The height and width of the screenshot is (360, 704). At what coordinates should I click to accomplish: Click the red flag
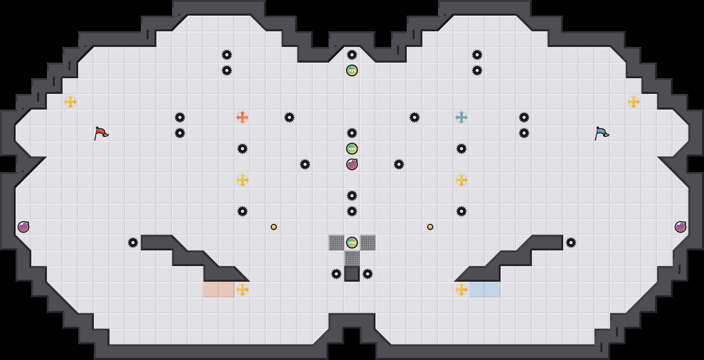click(x=101, y=133)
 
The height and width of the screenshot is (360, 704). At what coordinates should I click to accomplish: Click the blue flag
click(x=602, y=133)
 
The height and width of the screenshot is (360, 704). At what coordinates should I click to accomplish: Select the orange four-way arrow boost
click(x=242, y=117)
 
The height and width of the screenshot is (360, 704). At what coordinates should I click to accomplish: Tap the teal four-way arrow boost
click(x=462, y=117)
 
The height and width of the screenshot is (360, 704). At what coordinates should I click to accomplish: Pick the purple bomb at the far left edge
click(x=23, y=227)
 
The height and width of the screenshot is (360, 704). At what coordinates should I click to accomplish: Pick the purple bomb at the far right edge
click(x=681, y=227)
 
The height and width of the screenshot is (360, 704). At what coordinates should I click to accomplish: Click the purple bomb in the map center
click(x=352, y=164)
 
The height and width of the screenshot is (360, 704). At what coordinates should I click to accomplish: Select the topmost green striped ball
click(x=352, y=70)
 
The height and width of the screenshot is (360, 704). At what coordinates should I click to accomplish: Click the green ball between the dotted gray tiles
click(x=352, y=243)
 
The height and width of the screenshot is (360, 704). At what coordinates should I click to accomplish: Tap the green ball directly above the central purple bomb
click(x=352, y=149)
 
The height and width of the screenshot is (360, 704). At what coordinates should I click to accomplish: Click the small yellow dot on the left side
click(x=274, y=227)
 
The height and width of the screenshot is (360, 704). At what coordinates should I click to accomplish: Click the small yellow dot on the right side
click(x=430, y=227)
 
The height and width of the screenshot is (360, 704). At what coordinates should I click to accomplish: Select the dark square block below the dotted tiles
click(x=352, y=274)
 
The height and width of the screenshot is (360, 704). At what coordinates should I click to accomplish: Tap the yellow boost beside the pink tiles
click(x=242, y=290)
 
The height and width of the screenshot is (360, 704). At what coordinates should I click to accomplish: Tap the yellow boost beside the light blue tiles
click(x=462, y=290)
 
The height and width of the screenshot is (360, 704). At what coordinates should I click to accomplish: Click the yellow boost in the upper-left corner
click(x=70, y=102)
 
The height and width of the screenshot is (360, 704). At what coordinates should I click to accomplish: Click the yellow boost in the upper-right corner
click(x=634, y=102)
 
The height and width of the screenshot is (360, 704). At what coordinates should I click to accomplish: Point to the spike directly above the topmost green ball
click(x=352, y=55)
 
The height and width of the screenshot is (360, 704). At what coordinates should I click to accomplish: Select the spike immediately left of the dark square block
click(x=336, y=274)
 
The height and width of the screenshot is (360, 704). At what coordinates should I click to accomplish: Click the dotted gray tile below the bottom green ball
click(x=352, y=258)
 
